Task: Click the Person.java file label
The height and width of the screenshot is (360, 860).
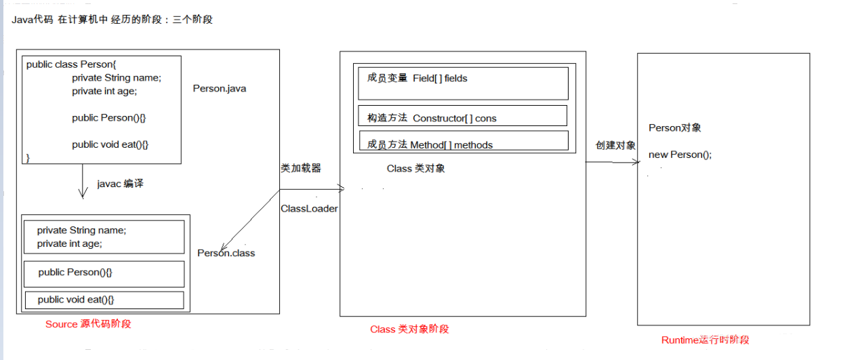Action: coord(219,89)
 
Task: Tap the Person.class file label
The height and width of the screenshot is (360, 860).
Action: coord(226,253)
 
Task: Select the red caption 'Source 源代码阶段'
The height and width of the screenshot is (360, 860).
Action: coord(88,324)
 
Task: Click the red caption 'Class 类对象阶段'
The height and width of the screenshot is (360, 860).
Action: coord(409,329)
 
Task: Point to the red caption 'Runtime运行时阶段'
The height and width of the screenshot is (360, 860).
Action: coord(705,340)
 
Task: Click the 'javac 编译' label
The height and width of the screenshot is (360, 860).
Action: coord(120,184)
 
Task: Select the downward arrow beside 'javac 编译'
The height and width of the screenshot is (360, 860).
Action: coord(83,181)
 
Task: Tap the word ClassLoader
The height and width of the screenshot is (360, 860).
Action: coord(309,209)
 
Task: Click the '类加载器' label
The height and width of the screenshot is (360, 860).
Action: coord(301,168)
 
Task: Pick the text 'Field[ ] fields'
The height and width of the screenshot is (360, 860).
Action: coord(440,79)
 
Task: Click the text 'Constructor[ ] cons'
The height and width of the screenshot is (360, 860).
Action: coord(455,119)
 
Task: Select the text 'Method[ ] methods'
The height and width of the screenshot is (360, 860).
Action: coord(451,145)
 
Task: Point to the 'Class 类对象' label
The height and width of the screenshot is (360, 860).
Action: coord(416,168)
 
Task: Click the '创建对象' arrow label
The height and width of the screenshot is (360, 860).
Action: coord(615,145)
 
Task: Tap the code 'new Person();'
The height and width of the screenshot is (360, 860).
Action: coord(680,155)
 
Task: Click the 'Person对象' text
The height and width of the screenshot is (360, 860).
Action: coord(674,128)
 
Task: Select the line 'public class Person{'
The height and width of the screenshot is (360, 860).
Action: coord(71,64)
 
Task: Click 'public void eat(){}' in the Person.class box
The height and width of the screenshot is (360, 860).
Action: coord(76,300)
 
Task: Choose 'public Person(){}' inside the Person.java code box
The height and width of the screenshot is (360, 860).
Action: coord(108,117)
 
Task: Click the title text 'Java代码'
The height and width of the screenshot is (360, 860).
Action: coord(33,19)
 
